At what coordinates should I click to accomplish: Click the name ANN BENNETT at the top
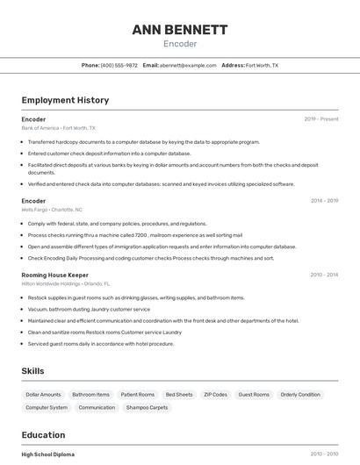(179, 30)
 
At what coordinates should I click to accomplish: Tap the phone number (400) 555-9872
(119, 65)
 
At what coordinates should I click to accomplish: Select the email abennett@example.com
(187, 65)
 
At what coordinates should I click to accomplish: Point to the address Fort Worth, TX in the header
(262, 65)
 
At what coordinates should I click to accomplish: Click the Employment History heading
(65, 100)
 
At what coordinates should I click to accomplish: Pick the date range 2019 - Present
(320, 119)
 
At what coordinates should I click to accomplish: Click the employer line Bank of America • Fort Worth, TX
(58, 128)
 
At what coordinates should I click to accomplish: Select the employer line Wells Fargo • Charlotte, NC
(52, 210)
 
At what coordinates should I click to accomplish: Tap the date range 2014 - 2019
(324, 201)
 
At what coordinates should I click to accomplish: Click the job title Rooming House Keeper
(54, 275)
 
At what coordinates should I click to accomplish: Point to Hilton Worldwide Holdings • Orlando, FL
(66, 283)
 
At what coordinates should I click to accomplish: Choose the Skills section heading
(32, 371)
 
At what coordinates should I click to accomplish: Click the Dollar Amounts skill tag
(44, 395)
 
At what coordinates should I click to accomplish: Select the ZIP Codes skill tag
(215, 395)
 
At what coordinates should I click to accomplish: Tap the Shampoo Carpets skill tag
(147, 408)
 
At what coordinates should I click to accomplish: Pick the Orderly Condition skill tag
(300, 395)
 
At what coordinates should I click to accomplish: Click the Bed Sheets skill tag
(179, 395)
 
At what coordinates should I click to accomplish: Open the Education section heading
(43, 435)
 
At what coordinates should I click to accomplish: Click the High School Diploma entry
(48, 454)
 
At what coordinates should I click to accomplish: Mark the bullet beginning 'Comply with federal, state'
(117, 224)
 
